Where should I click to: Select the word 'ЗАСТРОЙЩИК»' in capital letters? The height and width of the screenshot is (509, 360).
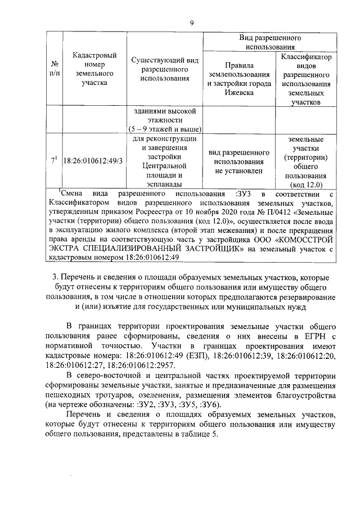pos(214,249)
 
